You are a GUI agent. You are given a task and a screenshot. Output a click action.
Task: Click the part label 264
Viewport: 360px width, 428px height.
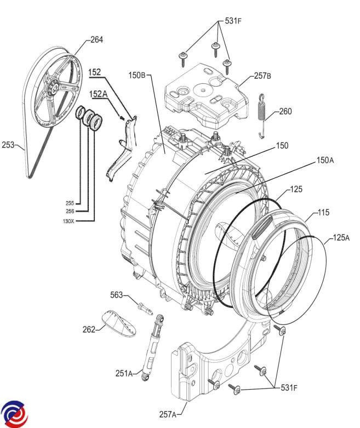click(x=96, y=40)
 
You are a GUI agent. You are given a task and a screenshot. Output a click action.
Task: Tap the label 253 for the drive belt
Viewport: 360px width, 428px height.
click(x=8, y=145)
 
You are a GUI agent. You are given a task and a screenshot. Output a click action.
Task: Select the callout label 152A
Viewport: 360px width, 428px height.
click(x=99, y=94)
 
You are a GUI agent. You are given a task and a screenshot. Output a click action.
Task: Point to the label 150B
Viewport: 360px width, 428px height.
click(x=137, y=75)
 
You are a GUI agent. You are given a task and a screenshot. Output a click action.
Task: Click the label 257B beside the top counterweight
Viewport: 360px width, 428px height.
click(x=262, y=76)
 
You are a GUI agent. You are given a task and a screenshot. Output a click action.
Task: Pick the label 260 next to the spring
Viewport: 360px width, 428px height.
click(x=285, y=111)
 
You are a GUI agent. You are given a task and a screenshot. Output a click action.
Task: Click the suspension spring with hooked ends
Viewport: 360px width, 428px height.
click(x=262, y=116)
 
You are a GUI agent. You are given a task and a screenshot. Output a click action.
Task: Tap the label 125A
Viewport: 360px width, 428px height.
click(x=341, y=238)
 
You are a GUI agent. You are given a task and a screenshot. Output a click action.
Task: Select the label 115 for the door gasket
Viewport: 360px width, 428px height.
click(x=323, y=213)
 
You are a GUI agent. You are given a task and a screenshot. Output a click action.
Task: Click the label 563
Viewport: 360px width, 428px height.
click(x=117, y=295)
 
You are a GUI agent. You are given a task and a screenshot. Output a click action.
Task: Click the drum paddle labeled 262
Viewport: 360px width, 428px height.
click(x=119, y=323)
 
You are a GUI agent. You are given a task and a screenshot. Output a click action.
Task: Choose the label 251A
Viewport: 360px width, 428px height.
click(x=124, y=373)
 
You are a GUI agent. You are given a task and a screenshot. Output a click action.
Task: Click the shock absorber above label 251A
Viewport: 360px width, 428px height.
click(x=153, y=347)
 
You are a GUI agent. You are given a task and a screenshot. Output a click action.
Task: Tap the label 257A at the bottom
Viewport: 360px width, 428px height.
click(x=168, y=414)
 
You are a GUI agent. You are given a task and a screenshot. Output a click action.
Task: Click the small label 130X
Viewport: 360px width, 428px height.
click(x=68, y=221)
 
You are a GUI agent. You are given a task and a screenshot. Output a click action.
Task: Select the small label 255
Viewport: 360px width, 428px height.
click(x=70, y=203)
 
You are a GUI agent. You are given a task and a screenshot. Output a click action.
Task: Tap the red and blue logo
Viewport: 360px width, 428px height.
click(x=14, y=414)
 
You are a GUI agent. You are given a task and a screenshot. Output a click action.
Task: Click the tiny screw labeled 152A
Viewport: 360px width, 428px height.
click(x=122, y=118)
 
